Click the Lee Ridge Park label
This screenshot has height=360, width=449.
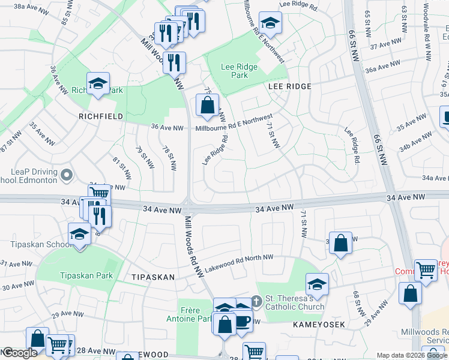(240, 71)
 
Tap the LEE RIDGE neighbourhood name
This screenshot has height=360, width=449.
(289, 86)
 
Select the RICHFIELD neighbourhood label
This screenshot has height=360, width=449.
(100, 116)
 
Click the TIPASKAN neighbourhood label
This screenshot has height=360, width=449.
(153, 277)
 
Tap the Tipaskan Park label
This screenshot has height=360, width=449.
(86, 275)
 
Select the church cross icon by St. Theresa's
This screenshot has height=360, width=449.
(256, 300)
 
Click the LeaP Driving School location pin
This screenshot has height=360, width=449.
(67, 176)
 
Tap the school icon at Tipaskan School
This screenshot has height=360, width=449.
(79, 234)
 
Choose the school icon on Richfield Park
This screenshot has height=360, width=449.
(97, 83)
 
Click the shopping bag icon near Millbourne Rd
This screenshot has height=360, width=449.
(207, 105)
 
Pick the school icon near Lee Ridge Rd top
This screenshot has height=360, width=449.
(271, 23)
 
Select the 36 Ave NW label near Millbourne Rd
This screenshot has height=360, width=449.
(167, 128)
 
